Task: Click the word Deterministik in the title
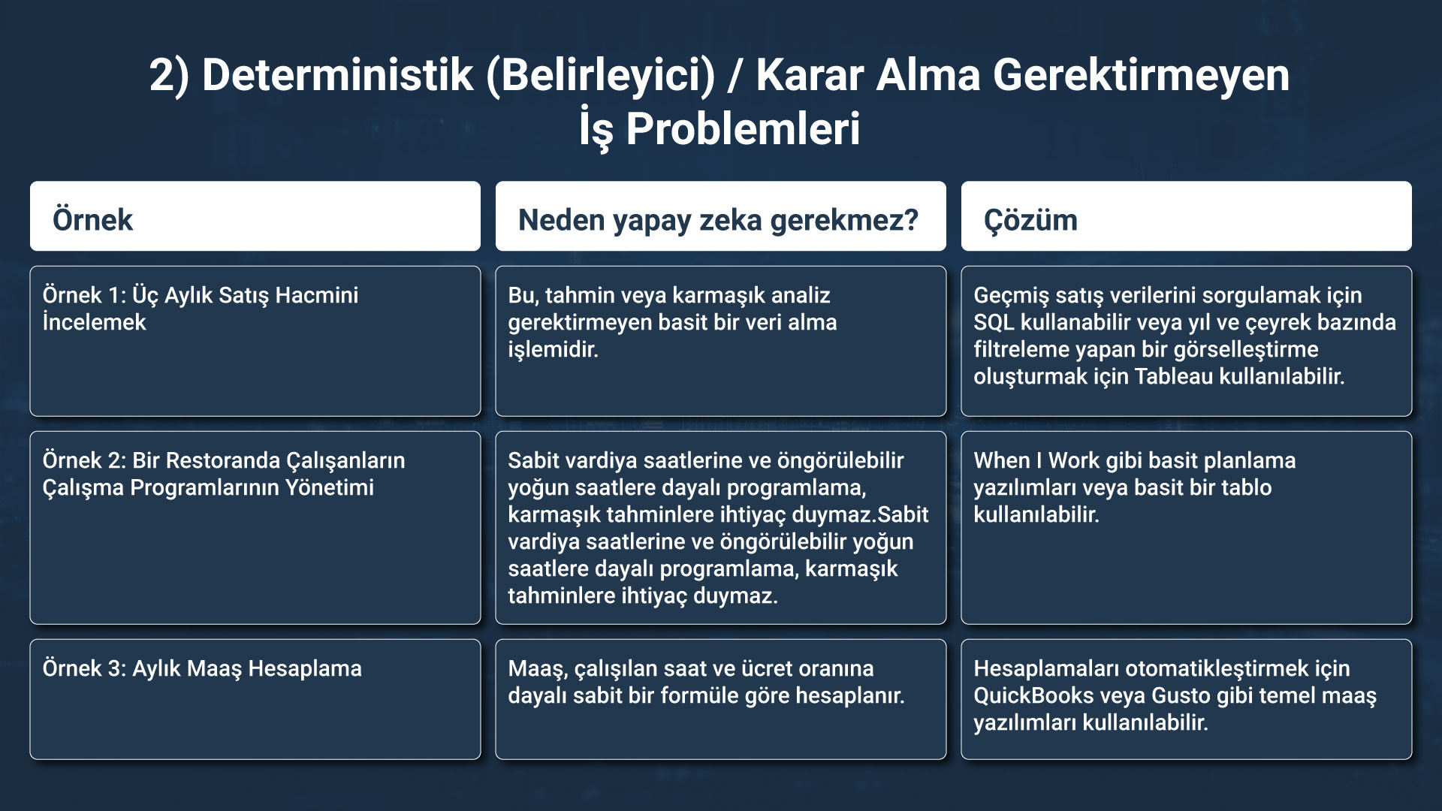(x=338, y=75)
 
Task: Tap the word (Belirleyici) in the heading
(x=601, y=77)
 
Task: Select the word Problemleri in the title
(x=743, y=128)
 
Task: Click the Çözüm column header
(x=1187, y=216)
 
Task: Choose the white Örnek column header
(x=255, y=216)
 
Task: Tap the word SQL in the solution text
(x=994, y=322)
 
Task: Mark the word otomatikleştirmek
(x=1217, y=668)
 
